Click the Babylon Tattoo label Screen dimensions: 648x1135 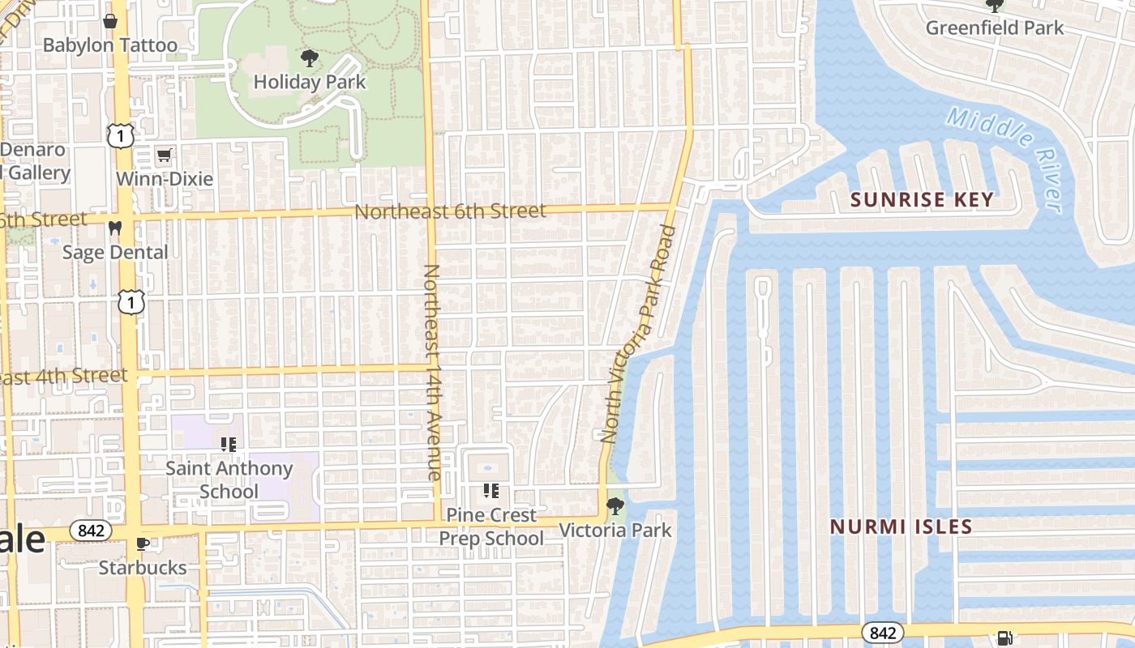[x=109, y=45]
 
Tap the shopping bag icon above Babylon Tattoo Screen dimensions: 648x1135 [x=109, y=20]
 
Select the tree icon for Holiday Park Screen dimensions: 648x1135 [x=309, y=58]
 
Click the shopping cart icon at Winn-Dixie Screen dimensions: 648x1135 [x=165, y=154]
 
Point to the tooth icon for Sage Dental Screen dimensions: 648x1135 [x=115, y=228]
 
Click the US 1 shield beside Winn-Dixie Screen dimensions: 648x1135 [x=120, y=136]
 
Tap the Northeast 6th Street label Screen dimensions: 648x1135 [x=451, y=211]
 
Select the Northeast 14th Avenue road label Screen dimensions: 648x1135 [x=432, y=372]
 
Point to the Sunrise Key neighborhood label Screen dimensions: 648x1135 [x=922, y=199]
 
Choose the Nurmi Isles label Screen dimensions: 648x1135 [x=901, y=526]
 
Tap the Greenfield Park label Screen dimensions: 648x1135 [x=995, y=28]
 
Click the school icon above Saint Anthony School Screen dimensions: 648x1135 [x=229, y=444]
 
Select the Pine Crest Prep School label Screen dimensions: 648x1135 [x=491, y=526]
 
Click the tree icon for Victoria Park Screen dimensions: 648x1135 [x=615, y=506]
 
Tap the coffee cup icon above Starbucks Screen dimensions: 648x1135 [x=143, y=544]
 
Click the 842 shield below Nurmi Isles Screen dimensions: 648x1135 [x=882, y=632]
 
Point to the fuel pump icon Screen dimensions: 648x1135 [x=1004, y=638]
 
